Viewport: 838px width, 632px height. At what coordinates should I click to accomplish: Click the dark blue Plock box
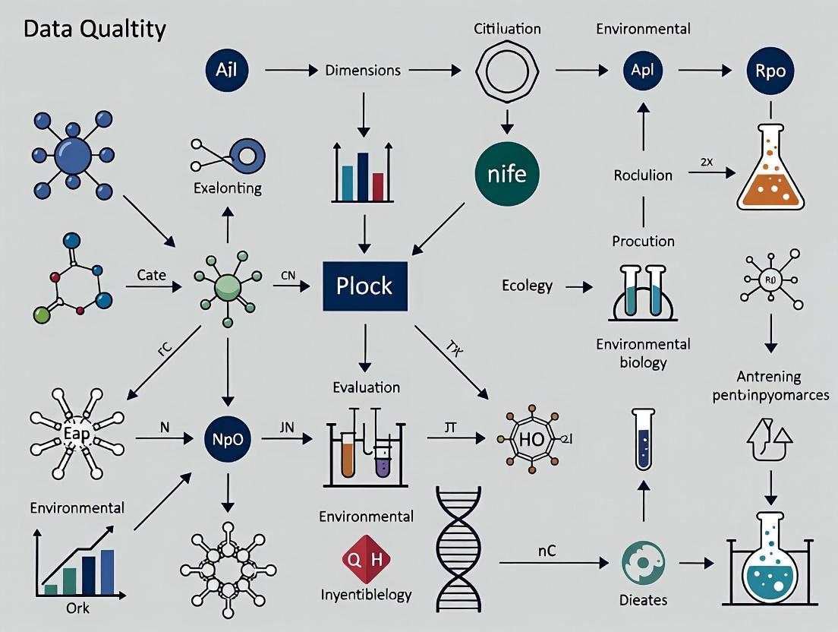365,286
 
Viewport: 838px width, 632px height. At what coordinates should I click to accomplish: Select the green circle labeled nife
506,173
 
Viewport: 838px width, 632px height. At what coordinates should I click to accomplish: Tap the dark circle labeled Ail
227,71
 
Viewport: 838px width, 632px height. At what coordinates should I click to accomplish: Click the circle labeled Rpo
770,71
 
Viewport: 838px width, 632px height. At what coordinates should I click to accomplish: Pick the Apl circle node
642,71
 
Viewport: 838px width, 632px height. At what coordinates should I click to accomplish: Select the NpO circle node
227,438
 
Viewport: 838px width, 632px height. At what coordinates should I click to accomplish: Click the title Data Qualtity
95,30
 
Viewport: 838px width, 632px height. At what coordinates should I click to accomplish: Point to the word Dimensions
363,71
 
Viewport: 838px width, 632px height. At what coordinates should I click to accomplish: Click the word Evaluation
366,387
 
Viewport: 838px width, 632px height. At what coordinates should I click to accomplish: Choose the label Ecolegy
527,286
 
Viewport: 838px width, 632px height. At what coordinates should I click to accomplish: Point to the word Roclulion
643,175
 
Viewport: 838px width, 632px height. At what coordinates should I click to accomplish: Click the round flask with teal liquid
770,558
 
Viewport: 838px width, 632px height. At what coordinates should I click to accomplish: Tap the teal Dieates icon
642,562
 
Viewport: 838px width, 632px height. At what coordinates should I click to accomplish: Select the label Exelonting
227,188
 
